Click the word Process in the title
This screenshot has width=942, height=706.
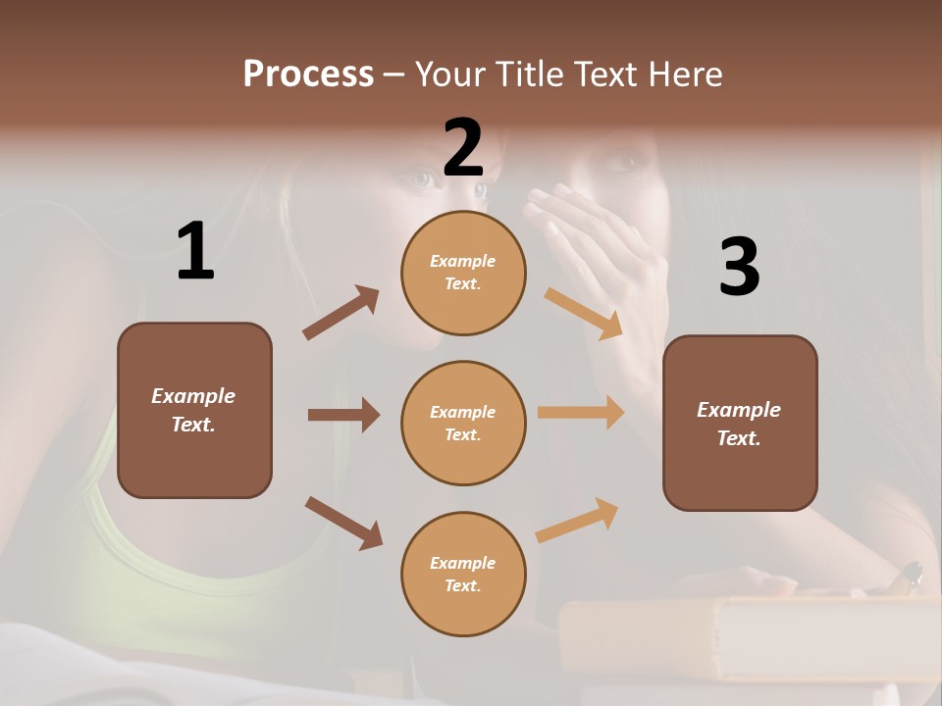tap(308, 75)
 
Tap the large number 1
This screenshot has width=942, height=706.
tap(195, 252)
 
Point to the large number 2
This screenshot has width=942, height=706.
tap(463, 147)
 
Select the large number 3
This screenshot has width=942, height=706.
tap(739, 268)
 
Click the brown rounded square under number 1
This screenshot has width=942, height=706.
tap(194, 410)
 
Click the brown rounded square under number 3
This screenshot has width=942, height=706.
tap(740, 423)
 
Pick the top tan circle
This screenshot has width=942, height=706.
tap(463, 273)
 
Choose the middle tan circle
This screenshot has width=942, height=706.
tap(463, 423)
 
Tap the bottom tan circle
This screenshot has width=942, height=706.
tap(463, 574)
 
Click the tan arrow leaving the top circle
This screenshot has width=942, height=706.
tap(583, 313)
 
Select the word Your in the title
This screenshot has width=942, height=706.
tap(452, 75)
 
